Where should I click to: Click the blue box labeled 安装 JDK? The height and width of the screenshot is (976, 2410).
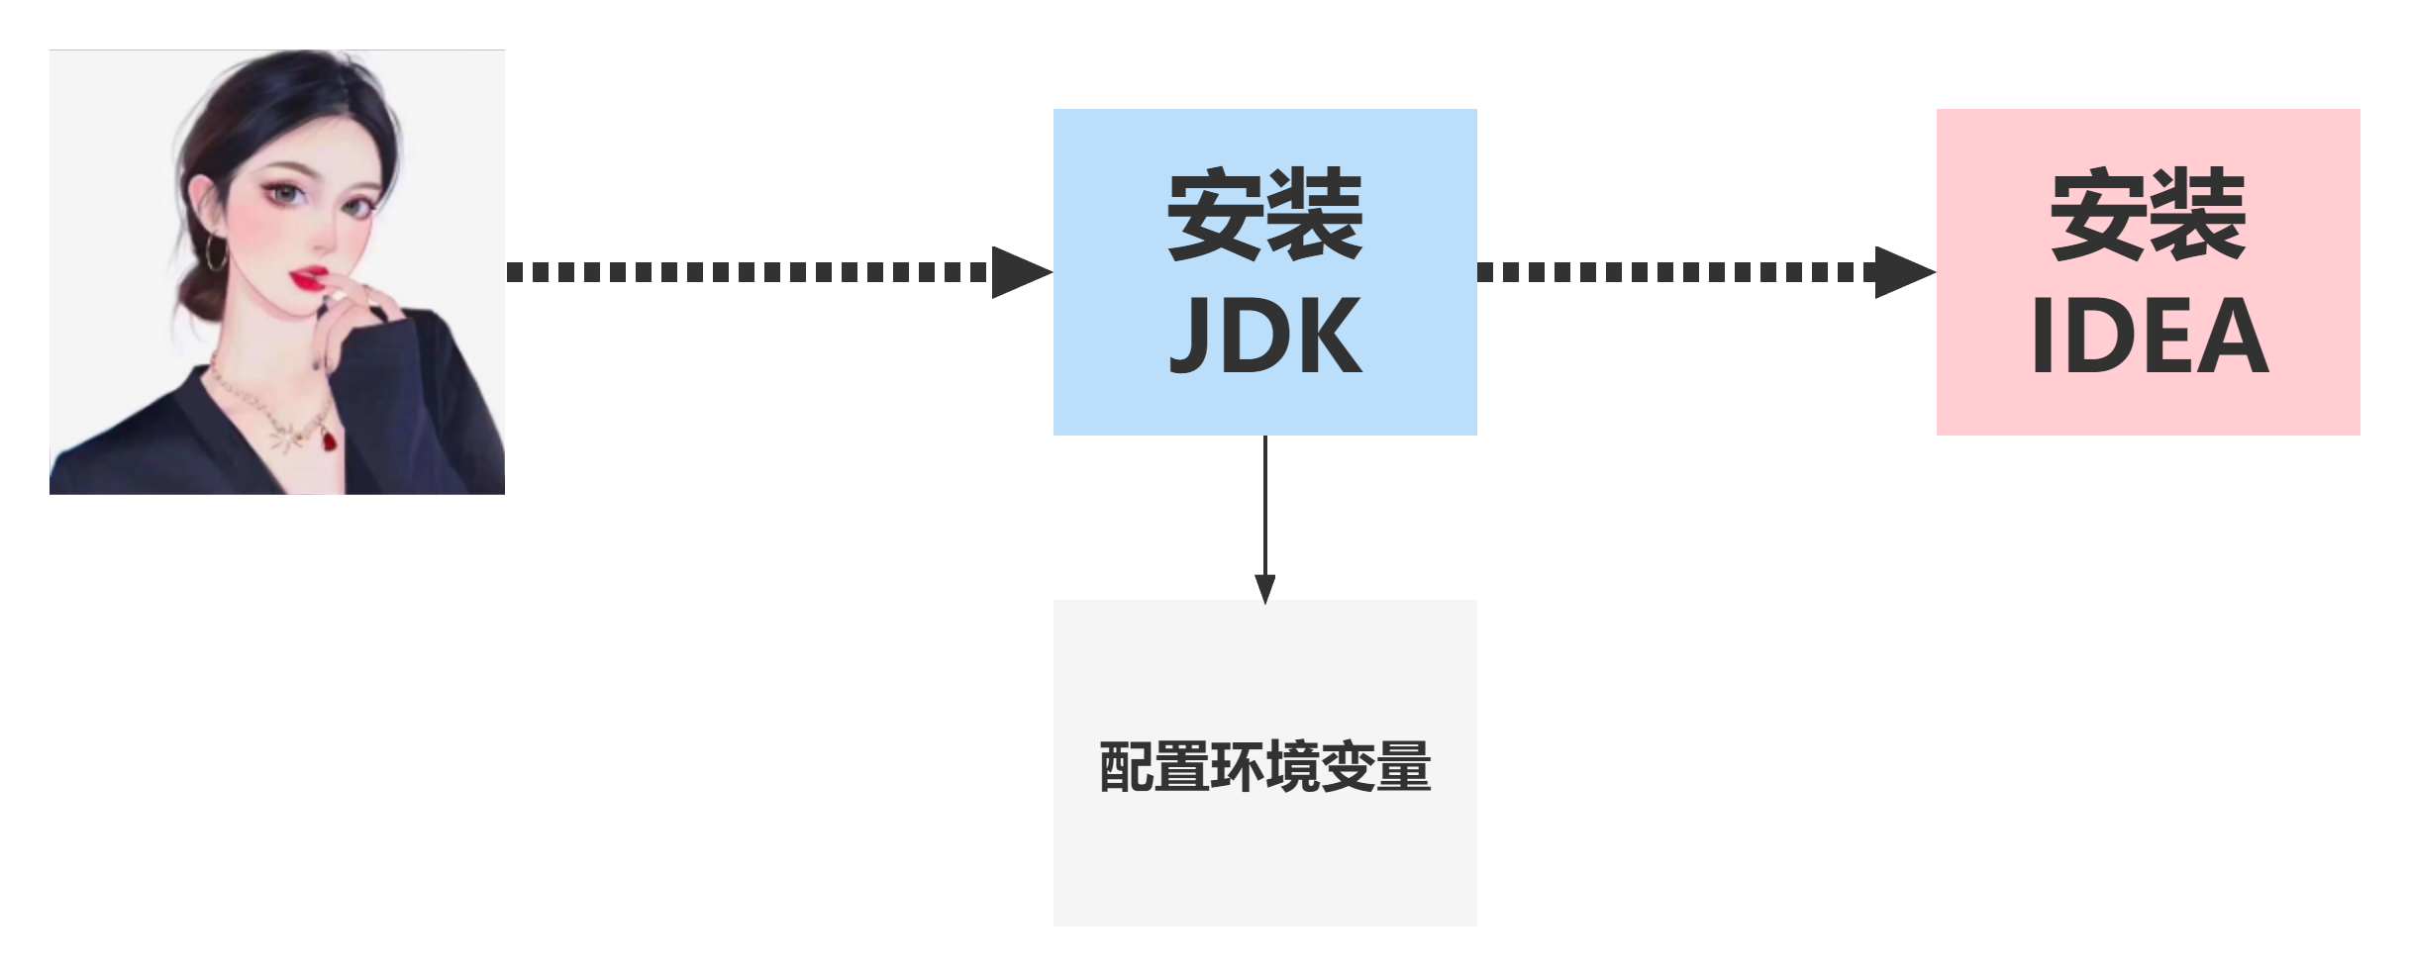pyautogui.click(x=1264, y=272)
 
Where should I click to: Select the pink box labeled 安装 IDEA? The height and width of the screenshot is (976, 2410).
pyautogui.click(x=2148, y=272)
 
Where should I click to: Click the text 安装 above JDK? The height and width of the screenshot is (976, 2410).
pyautogui.click(x=1264, y=215)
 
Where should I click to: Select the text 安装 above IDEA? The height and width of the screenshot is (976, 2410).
pyautogui.click(x=2148, y=215)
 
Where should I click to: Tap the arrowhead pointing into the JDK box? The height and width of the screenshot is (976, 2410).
pyautogui.click(x=1020, y=272)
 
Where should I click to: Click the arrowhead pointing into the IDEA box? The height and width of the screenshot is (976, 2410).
pyautogui.click(x=1903, y=272)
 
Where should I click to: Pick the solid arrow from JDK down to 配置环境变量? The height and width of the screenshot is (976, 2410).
pyautogui.click(x=1264, y=515)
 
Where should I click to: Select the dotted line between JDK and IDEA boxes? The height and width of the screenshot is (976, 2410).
pyautogui.click(x=1673, y=272)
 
